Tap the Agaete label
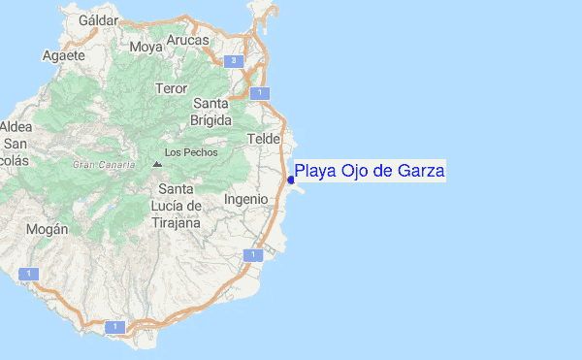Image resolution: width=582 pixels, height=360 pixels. point(64,55)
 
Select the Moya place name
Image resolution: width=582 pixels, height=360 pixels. point(146,46)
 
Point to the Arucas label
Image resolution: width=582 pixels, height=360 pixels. point(187,40)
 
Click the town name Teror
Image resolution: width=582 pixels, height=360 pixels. point(171,88)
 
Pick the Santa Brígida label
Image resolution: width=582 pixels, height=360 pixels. point(211,112)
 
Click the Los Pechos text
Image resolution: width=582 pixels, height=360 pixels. point(192,152)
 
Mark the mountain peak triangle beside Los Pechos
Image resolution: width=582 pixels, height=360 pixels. point(157,163)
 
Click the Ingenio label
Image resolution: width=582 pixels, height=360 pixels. point(245,198)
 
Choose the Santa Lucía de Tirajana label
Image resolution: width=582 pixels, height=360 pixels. point(176,206)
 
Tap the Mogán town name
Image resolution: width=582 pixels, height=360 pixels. point(48,229)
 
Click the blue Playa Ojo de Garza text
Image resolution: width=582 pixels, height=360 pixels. point(370,172)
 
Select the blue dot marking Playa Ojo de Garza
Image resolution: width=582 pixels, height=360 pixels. point(291,180)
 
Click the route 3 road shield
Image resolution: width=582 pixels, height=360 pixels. point(233,61)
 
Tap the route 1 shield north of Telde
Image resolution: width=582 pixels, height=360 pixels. point(257,93)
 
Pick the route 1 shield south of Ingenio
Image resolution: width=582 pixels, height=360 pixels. point(253,255)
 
